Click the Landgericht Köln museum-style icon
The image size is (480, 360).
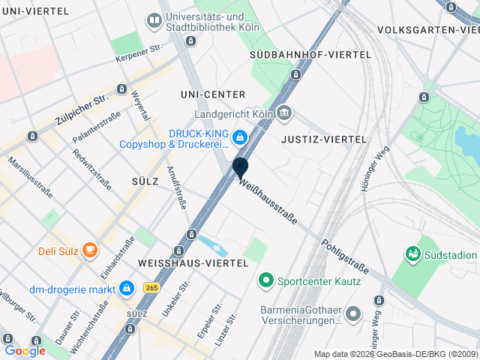(x=284, y=114)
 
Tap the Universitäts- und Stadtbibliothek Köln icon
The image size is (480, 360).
(x=154, y=21)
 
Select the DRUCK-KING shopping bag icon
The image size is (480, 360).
(x=239, y=136)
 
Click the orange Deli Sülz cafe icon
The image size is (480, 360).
(x=89, y=249)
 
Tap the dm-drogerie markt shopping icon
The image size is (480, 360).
(x=127, y=289)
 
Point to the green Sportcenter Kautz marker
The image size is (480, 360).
(x=265, y=282)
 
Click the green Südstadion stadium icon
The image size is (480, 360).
(x=412, y=255)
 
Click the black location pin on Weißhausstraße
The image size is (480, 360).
(x=240, y=166)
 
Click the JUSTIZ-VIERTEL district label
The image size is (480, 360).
(x=323, y=139)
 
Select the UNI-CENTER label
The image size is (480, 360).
(x=213, y=94)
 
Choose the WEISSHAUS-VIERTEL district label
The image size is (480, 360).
(x=193, y=263)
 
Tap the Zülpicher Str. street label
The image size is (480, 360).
(x=82, y=109)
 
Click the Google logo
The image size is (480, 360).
(x=25, y=350)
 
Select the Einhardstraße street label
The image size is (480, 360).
(x=118, y=256)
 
